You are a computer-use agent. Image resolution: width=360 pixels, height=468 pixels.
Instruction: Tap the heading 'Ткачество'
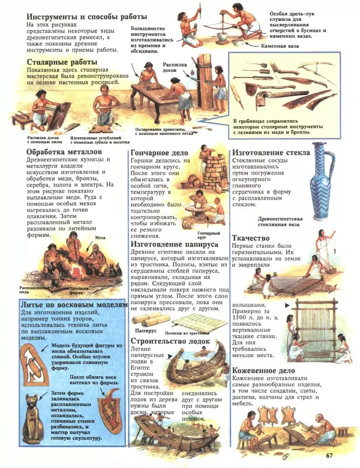254,238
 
